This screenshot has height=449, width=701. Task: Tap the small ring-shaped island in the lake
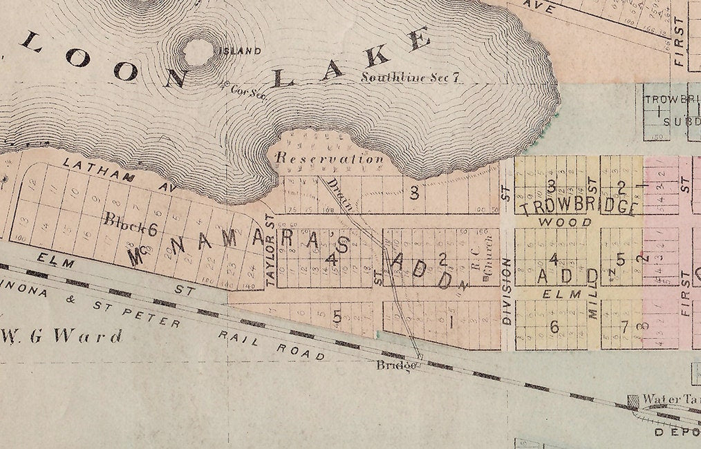[x=198, y=51]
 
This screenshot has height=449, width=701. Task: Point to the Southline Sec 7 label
[x=411, y=77]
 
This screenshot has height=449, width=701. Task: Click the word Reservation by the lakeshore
[x=329, y=158]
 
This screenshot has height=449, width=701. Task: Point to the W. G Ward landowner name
[x=62, y=337]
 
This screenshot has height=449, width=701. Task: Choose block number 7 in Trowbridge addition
[x=625, y=327]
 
